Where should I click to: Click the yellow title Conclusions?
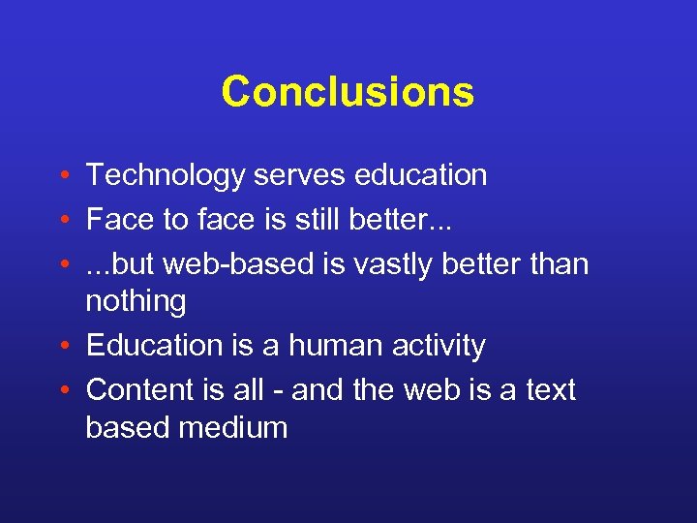click(348, 92)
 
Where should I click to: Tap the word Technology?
click(166, 176)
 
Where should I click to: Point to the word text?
click(549, 389)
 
